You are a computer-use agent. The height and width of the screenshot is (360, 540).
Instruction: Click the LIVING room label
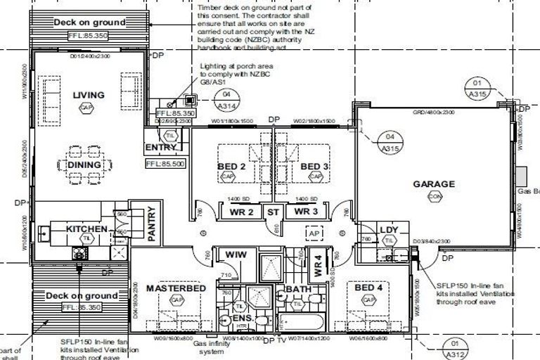[x=87, y=95]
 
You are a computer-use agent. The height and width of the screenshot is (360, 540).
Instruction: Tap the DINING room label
[x=84, y=166]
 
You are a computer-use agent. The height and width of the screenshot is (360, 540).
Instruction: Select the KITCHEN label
[x=86, y=229]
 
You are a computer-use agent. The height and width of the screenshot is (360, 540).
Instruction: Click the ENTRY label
[x=161, y=148]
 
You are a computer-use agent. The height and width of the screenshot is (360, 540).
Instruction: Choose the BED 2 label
[x=231, y=167]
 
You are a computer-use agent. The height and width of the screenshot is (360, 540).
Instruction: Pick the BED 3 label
[x=314, y=167]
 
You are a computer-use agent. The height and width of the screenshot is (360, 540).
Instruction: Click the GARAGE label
[x=433, y=185]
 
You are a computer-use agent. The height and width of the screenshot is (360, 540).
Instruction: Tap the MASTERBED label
[x=176, y=289]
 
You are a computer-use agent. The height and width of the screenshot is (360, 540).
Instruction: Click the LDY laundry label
[x=389, y=231]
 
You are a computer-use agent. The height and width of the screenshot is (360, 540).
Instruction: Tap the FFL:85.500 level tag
[x=165, y=163]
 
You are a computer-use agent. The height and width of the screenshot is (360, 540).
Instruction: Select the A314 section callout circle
[x=226, y=100]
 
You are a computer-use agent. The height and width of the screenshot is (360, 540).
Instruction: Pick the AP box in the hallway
[x=314, y=233]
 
